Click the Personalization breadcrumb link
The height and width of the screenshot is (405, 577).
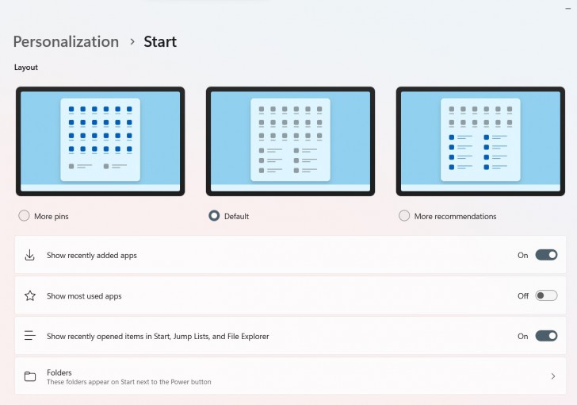(66, 42)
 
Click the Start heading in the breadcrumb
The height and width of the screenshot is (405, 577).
(160, 42)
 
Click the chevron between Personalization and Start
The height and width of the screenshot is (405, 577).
(132, 42)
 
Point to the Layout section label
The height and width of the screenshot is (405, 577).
(26, 67)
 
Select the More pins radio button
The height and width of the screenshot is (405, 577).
(24, 216)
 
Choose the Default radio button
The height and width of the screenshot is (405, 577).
(214, 216)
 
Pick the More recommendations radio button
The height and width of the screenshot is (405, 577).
(404, 216)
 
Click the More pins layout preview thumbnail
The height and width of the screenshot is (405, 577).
(101, 141)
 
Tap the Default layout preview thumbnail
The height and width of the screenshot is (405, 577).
(290, 141)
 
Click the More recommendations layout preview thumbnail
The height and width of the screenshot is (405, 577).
(480, 141)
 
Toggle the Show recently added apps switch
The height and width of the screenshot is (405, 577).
(546, 255)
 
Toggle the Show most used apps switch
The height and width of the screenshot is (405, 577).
(546, 295)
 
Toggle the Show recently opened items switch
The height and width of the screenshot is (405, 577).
(546, 336)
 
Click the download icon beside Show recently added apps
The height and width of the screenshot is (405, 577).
(30, 255)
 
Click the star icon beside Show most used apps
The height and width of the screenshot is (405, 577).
(30, 295)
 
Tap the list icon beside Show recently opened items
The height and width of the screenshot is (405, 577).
(30, 336)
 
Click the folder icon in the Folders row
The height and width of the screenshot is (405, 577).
(30, 376)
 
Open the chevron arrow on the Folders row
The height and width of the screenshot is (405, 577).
(552, 376)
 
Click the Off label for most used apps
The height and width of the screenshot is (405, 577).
(523, 295)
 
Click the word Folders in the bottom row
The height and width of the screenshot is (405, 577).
(59, 372)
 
